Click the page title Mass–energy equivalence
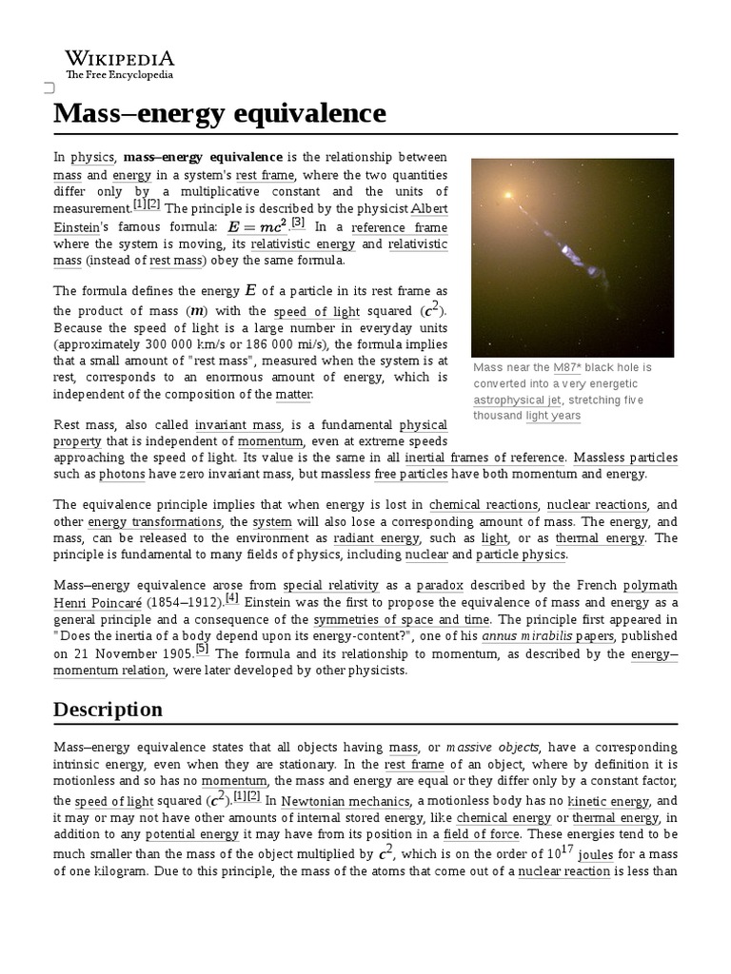point(220,113)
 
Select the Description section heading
point(108,710)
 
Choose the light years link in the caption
point(553,417)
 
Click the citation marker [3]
point(298,223)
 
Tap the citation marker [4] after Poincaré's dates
point(232,599)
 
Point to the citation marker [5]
point(202,649)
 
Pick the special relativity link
point(331,586)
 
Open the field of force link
point(481,835)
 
